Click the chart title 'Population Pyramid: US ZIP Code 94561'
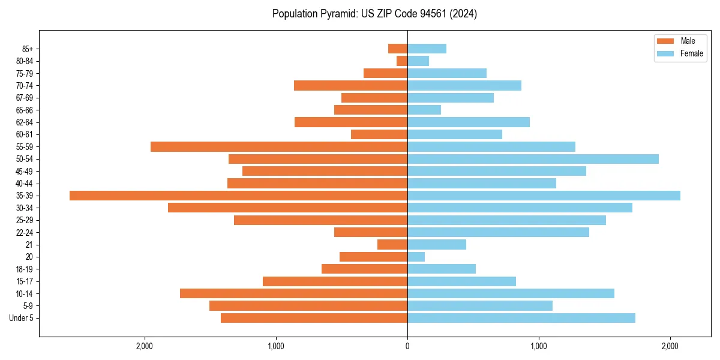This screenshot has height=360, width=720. click(374, 14)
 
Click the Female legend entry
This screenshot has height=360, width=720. click(680, 53)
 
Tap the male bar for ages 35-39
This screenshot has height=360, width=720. click(238, 196)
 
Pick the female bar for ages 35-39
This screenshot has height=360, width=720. click(544, 196)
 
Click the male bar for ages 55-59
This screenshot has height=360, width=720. click(279, 146)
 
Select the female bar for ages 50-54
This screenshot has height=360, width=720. click(533, 159)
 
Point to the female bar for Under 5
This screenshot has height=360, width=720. click(521, 318)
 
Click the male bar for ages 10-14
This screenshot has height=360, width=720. click(293, 293)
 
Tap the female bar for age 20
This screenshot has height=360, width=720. click(416, 257)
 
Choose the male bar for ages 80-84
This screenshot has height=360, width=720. click(402, 61)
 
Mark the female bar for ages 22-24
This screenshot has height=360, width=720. click(498, 232)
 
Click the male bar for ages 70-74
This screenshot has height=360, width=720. click(350, 85)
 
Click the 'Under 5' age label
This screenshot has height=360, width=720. click(22, 318)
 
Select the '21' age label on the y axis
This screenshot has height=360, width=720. click(29, 245)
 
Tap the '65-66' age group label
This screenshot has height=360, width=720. click(25, 110)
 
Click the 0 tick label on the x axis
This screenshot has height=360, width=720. click(407, 346)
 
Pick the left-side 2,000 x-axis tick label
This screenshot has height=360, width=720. click(144, 346)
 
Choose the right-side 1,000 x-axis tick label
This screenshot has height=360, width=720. click(539, 346)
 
